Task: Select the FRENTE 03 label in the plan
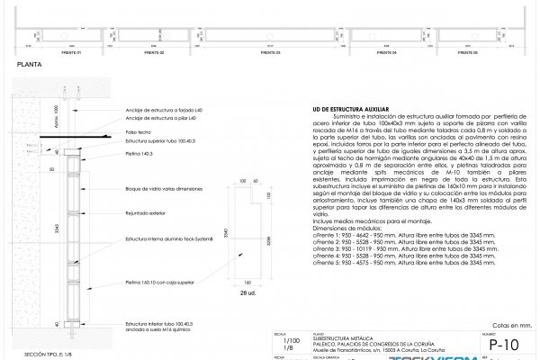(271, 52)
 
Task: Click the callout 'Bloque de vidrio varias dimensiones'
(163, 188)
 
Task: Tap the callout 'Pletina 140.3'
(139, 154)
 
